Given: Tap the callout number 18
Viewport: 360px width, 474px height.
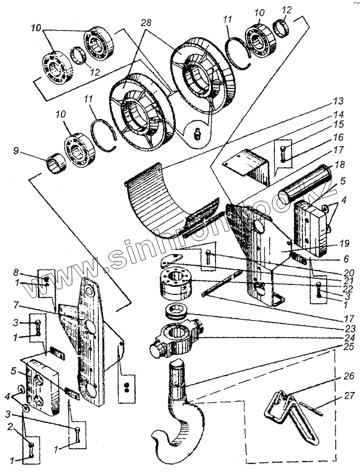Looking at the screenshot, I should [x=338, y=163].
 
